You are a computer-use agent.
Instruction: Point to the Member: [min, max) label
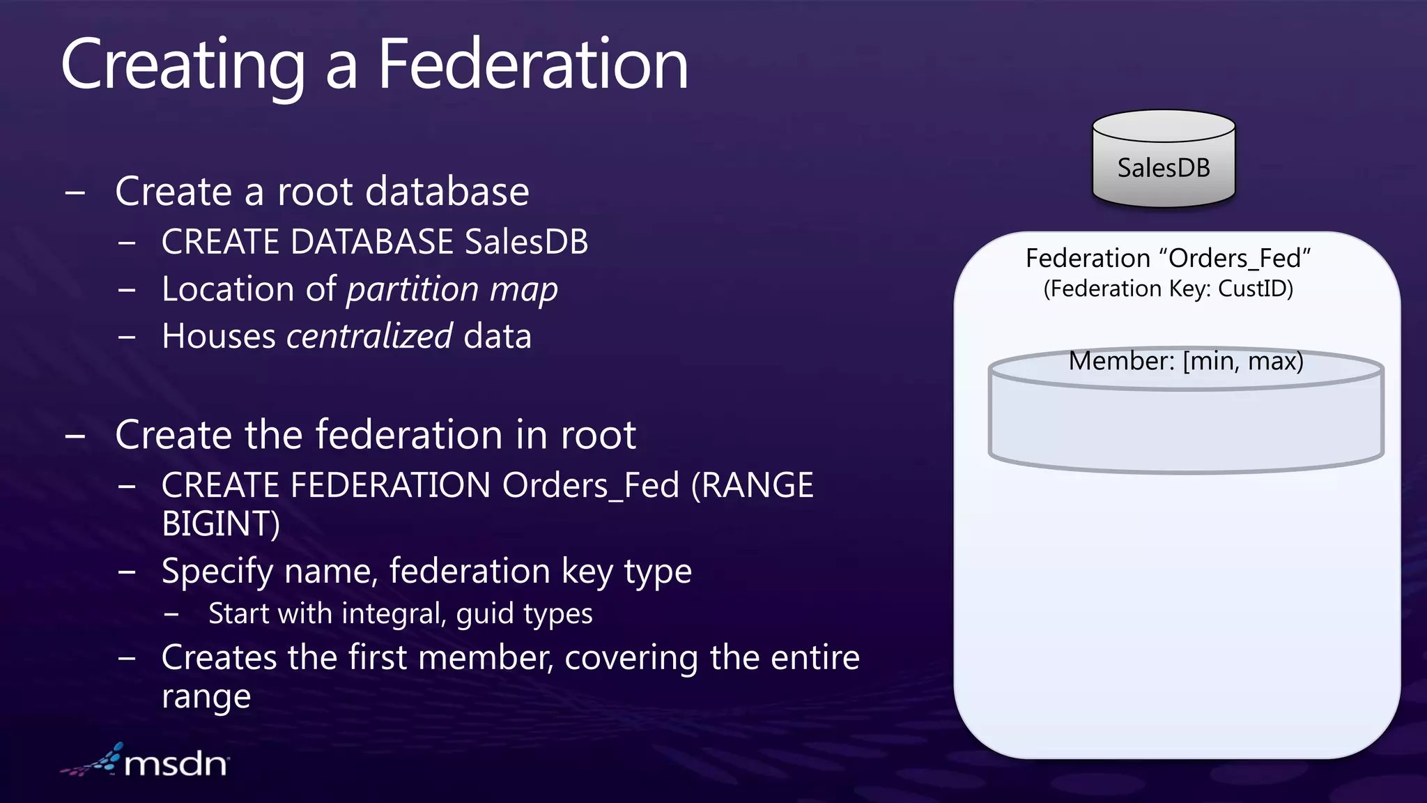pos(1186,361)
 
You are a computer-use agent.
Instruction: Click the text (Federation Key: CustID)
pos(1168,289)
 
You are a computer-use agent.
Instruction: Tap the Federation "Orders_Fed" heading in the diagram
pos(1168,259)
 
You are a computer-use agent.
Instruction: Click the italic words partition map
pos(452,289)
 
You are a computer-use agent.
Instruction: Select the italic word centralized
pos(369,336)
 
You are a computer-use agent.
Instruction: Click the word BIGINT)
pos(221,524)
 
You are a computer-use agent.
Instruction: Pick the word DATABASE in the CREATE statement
pos(372,242)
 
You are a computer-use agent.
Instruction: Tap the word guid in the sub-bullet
pos(484,614)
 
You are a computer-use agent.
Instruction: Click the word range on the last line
pos(206,696)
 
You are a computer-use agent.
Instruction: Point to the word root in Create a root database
pos(315,192)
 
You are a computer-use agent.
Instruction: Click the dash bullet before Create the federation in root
pos(75,436)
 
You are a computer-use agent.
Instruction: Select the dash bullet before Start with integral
pos(171,615)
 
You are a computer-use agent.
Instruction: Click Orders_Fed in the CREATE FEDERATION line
pos(590,485)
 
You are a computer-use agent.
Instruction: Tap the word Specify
pos(217,572)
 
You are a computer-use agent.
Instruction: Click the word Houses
pos(218,337)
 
